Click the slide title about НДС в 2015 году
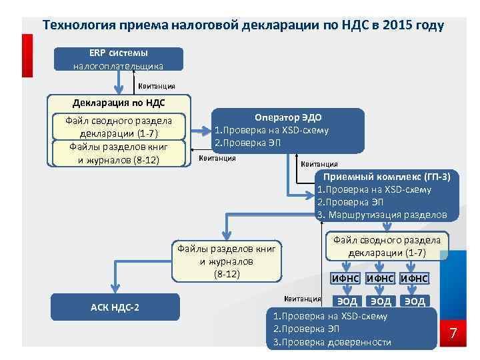click(x=243, y=26)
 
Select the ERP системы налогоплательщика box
click(x=118, y=59)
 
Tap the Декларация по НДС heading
click(x=118, y=103)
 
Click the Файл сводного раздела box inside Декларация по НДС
click(x=118, y=127)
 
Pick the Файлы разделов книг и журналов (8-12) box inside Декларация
click(x=118, y=153)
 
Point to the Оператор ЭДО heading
click(x=288, y=117)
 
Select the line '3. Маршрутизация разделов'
click(x=382, y=214)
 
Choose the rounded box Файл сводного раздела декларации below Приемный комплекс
click(x=387, y=246)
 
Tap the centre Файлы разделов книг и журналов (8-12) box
click(x=227, y=261)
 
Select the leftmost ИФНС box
click(x=345, y=278)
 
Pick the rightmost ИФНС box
click(x=414, y=278)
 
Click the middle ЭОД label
click(x=380, y=301)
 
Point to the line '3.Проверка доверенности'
click(x=328, y=342)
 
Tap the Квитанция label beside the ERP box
click(x=157, y=86)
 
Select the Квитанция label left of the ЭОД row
click(x=302, y=298)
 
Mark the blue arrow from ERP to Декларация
click(x=119, y=83)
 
